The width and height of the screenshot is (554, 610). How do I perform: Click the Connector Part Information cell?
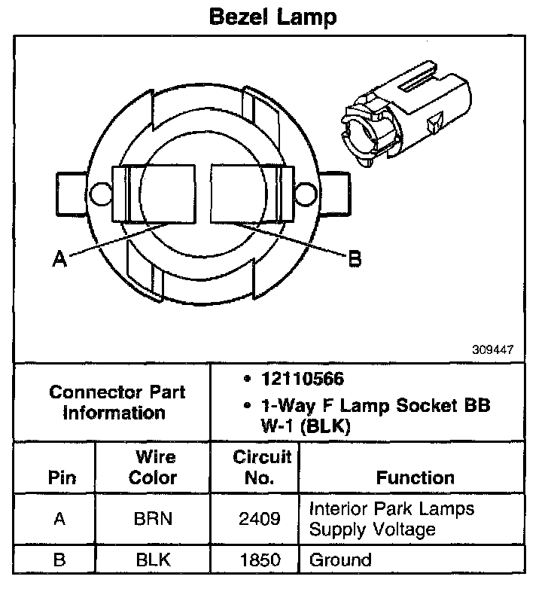[x=117, y=402]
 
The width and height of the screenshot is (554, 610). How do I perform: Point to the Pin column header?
[x=61, y=477]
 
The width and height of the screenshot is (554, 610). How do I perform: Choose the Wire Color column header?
[x=153, y=467]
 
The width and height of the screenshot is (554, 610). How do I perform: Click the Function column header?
[x=415, y=477]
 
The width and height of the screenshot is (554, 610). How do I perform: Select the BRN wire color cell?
[x=153, y=519]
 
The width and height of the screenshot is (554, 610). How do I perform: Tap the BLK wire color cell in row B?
[x=153, y=560]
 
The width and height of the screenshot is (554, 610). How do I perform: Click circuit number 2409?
[x=256, y=519]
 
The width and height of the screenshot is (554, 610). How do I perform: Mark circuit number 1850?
[x=256, y=560]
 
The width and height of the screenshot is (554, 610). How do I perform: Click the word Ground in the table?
[x=340, y=560]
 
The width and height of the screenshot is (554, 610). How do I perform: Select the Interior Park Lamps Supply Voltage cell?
[x=391, y=519]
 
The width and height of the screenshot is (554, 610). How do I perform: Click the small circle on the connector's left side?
[x=98, y=195]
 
